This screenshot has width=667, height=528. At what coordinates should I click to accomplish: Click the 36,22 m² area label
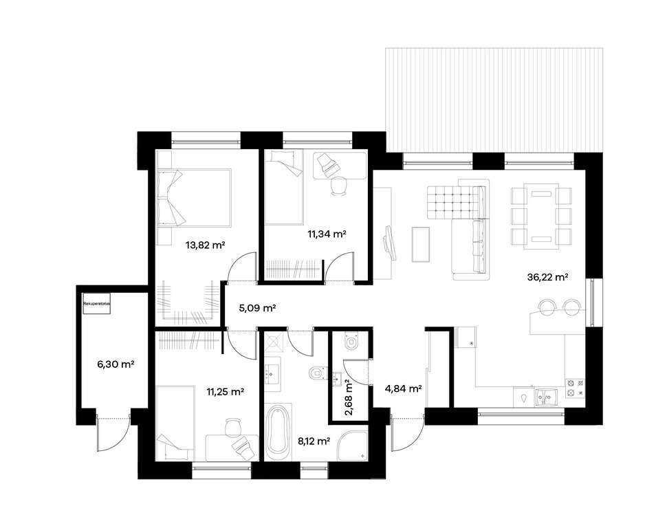(x=548, y=277)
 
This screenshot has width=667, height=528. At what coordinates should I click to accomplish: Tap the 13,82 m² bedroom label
(x=205, y=245)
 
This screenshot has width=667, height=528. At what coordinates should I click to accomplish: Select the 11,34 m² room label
(x=327, y=234)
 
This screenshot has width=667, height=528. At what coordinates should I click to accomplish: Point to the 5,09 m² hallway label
(x=257, y=307)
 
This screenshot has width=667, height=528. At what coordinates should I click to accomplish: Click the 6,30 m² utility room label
(x=116, y=364)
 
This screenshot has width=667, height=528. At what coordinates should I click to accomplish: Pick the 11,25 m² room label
(x=225, y=392)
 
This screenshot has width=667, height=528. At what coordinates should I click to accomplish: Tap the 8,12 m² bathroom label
(x=314, y=441)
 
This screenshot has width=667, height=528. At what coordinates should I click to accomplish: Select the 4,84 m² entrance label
(x=403, y=388)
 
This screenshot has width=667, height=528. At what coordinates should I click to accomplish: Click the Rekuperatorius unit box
(x=96, y=304)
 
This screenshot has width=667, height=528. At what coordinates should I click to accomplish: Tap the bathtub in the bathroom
(x=278, y=430)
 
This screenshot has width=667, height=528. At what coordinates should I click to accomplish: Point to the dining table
(x=541, y=216)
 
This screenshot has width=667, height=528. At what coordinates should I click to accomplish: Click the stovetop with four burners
(x=574, y=388)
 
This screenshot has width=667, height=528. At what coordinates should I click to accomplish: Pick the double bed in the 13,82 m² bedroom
(x=194, y=197)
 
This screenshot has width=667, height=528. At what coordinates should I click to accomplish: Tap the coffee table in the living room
(x=421, y=244)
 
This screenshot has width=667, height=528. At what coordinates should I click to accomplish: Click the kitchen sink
(x=547, y=397)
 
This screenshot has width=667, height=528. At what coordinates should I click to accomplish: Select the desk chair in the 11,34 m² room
(x=339, y=186)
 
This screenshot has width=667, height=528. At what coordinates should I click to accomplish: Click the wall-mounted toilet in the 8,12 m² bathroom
(x=317, y=373)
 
